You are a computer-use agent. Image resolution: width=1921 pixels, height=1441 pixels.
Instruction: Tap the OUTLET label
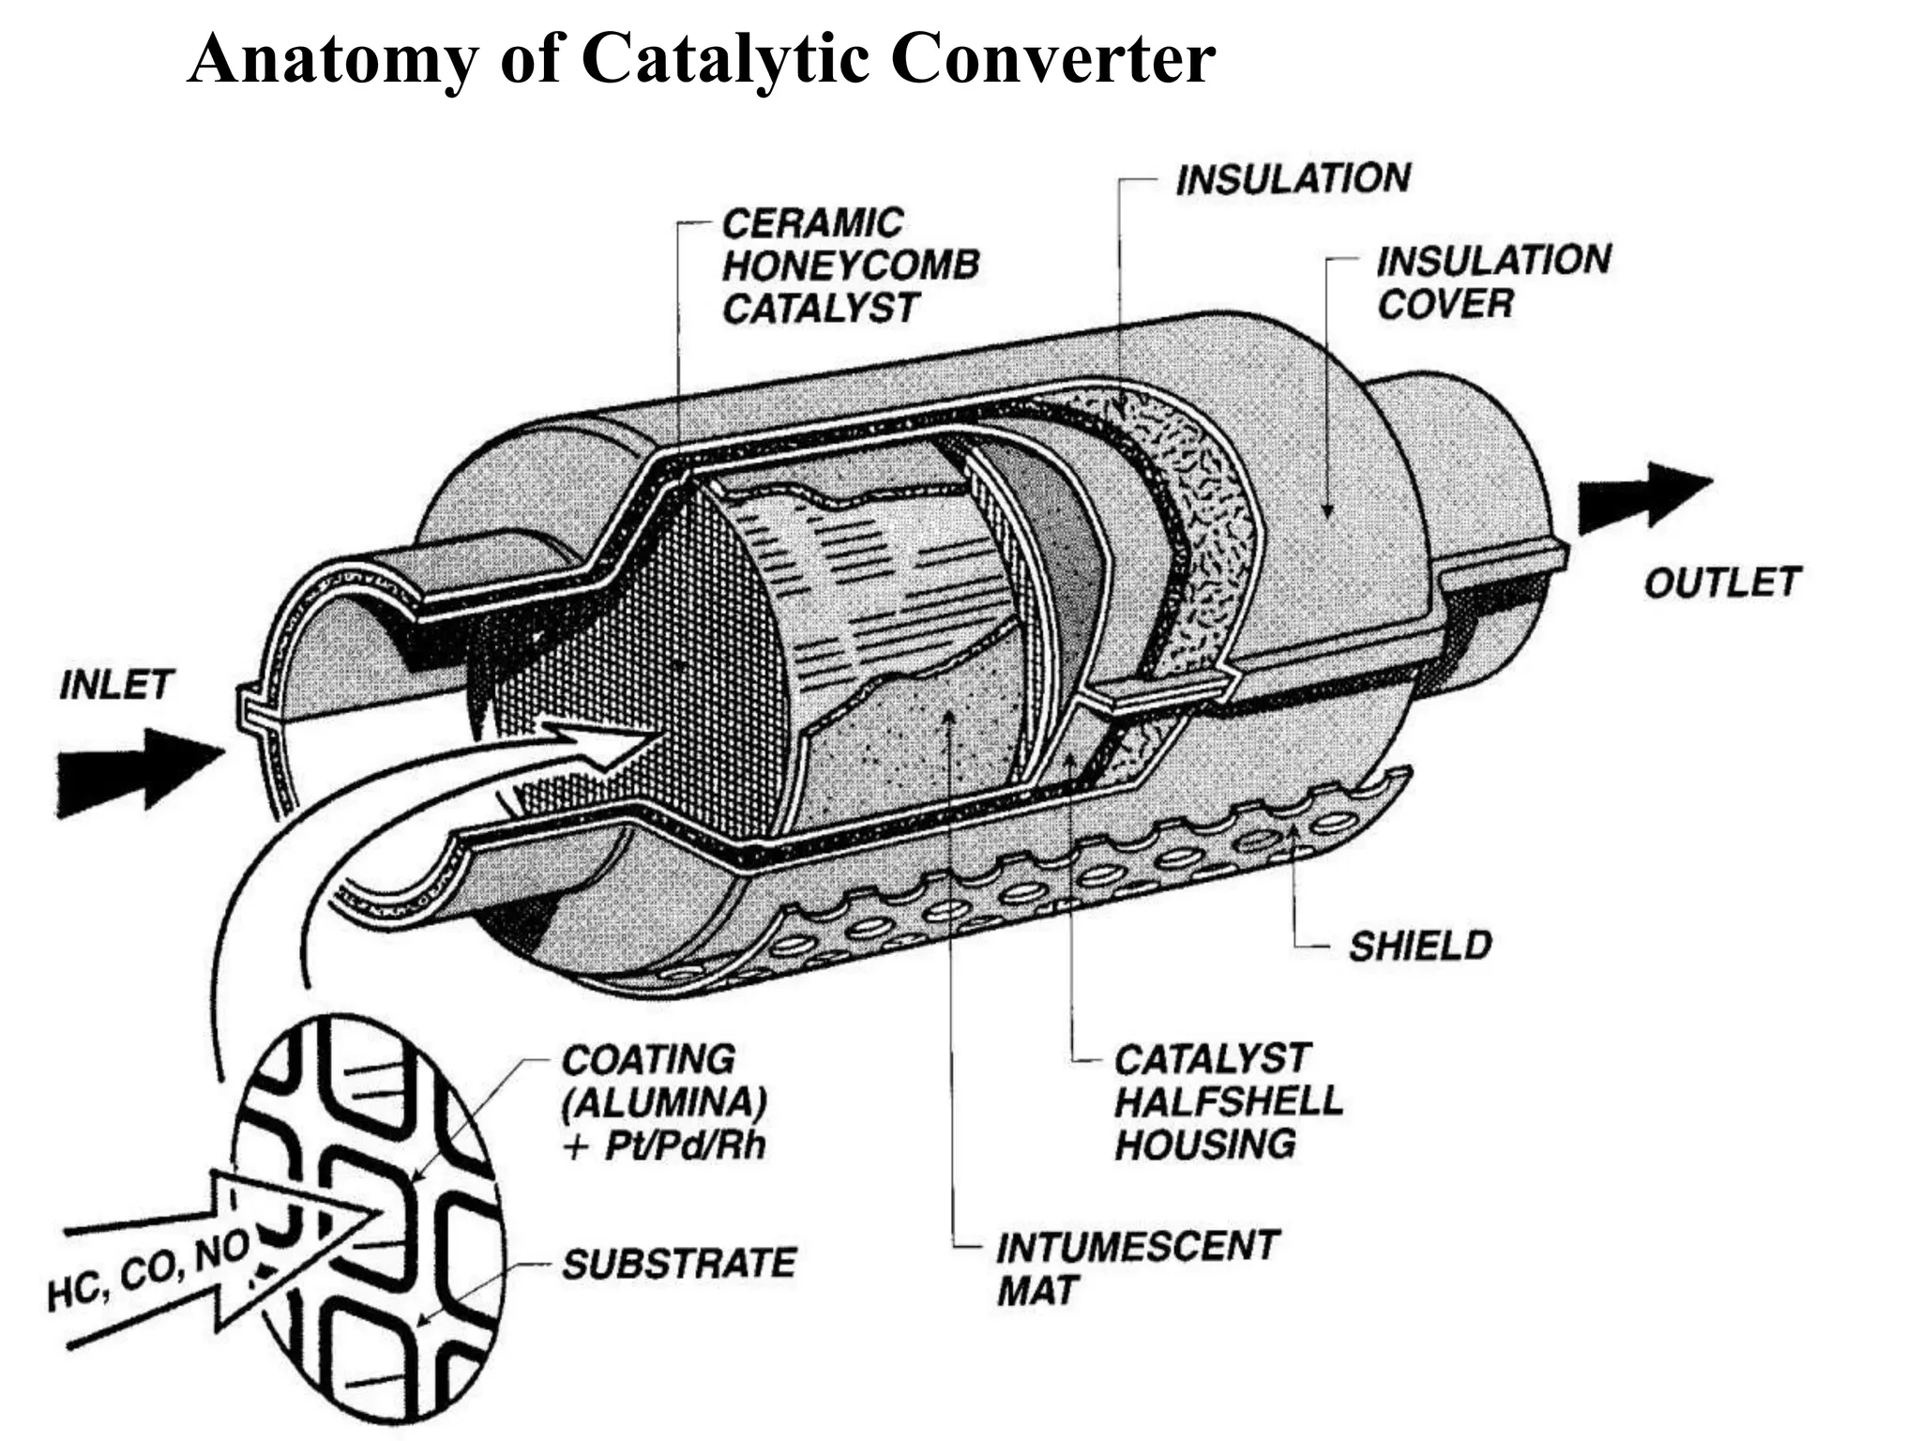click(x=1721, y=583)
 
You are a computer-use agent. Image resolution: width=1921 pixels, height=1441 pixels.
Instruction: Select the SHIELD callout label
click(x=1420, y=945)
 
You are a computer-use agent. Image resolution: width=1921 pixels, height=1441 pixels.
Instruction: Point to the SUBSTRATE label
click(x=679, y=1263)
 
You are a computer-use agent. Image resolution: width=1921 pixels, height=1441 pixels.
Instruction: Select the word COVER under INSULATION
click(x=1445, y=303)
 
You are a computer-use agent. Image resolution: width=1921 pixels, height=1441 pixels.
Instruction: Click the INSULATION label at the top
click(x=1293, y=178)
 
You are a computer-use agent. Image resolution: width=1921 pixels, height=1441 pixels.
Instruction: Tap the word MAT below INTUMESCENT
click(x=1037, y=1290)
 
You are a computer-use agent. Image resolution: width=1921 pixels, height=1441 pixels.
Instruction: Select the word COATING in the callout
click(x=648, y=1059)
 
